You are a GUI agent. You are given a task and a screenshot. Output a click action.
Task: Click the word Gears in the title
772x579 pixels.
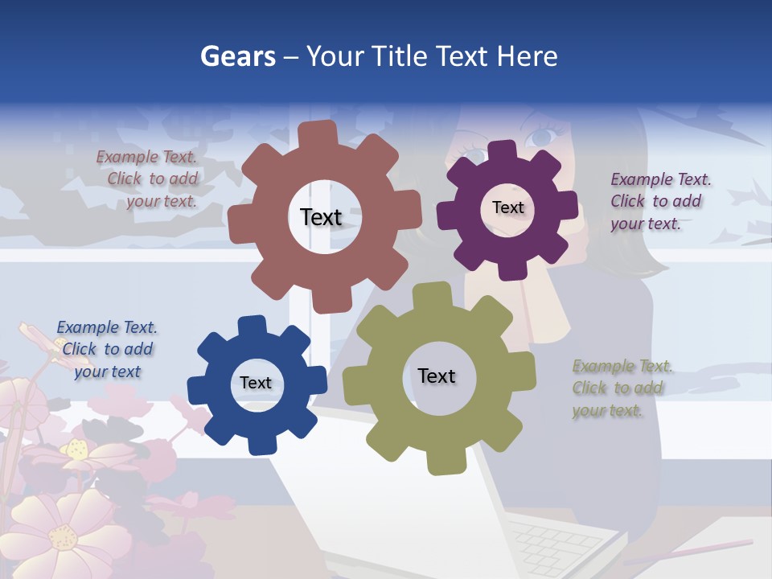[x=237, y=56]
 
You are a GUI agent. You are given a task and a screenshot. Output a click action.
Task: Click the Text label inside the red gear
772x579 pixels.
[x=321, y=217]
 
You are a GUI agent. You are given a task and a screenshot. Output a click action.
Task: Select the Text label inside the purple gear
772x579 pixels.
[x=507, y=207]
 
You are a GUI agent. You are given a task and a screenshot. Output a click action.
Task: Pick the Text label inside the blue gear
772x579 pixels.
[x=256, y=384]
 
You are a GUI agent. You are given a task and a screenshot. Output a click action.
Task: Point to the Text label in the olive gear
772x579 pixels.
[x=437, y=376]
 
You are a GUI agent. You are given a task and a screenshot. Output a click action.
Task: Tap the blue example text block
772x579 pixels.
[x=107, y=349]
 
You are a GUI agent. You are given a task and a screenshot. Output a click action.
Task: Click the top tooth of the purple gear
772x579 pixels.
[x=502, y=150]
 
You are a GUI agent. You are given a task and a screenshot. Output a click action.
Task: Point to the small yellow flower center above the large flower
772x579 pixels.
[x=78, y=448]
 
